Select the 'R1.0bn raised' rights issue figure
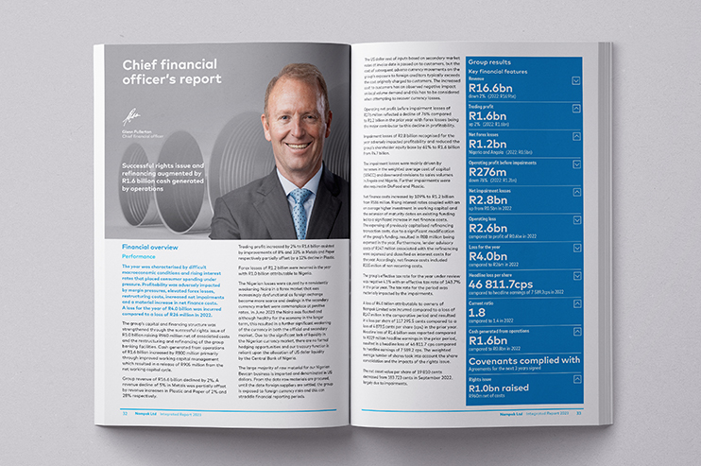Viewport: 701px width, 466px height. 506,386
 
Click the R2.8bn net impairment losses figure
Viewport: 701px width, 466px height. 489,199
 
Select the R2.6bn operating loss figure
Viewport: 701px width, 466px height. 489,227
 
